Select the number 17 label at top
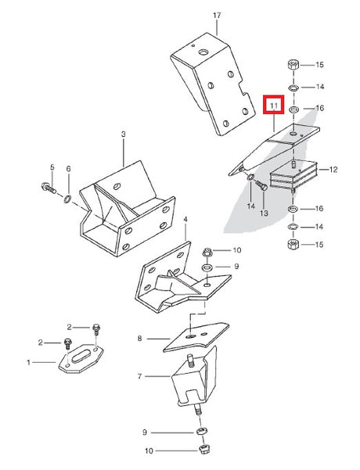[x=217, y=15]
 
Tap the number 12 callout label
[x=333, y=170]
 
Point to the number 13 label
[x=264, y=213]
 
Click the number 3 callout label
[x=124, y=135]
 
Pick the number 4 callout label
[x=185, y=220]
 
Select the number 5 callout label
[x=52, y=167]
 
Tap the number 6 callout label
[x=68, y=169]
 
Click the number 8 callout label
[x=139, y=339]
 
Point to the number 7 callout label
[x=139, y=376]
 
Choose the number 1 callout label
[x=28, y=363]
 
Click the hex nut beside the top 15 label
[x=293, y=65]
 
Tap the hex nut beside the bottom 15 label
[x=293, y=244]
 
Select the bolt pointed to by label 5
[x=49, y=188]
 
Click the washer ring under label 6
[x=68, y=198]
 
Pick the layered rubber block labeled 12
[x=293, y=176]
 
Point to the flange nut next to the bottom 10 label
[x=204, y=450]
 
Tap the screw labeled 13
[x=261, y=186]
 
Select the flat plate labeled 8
[x=196, y=337]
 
